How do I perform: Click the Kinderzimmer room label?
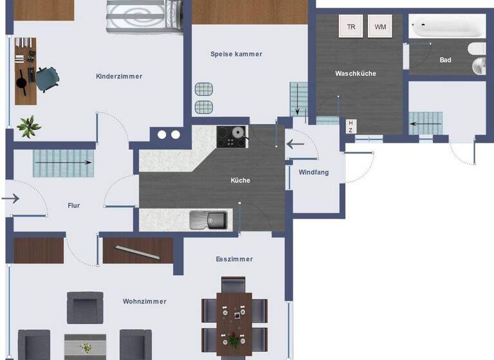119,76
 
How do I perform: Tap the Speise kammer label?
236,54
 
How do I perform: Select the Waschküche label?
355,73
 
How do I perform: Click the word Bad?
445,60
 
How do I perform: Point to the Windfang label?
313,172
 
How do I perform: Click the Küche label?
241,180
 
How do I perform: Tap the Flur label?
74,206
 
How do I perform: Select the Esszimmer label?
234,259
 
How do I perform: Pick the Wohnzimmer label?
145,301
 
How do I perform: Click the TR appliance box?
351,27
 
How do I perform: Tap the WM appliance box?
381,27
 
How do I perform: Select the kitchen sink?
208,220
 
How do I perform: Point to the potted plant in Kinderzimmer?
28,126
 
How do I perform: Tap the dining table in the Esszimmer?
233,315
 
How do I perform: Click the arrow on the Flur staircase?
62,163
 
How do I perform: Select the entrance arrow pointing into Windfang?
295,143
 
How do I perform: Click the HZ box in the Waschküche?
351,125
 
